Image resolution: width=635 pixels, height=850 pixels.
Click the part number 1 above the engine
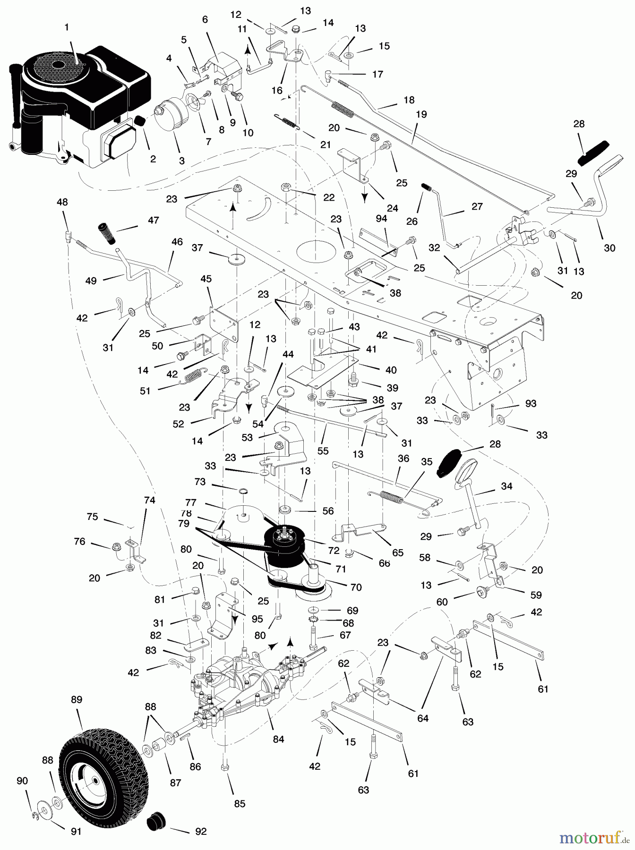click(67, 28)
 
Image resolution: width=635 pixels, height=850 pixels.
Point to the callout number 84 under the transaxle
click(278, 739)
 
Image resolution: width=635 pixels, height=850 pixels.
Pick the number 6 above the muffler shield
click(205, 19)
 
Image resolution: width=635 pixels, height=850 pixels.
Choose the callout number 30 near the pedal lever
click(609, 247)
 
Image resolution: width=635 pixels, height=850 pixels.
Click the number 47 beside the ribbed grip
click(154, 220)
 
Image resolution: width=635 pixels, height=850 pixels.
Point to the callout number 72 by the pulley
click(334, 551)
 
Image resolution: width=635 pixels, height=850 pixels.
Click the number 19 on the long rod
click(421, 114)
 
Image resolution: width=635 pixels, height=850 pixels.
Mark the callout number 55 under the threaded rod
click(323, 451)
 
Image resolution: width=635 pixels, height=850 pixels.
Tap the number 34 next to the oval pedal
click(506, 486)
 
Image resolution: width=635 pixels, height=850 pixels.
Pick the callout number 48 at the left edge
click(62, 202)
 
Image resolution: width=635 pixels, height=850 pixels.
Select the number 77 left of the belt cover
click(191, 503)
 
